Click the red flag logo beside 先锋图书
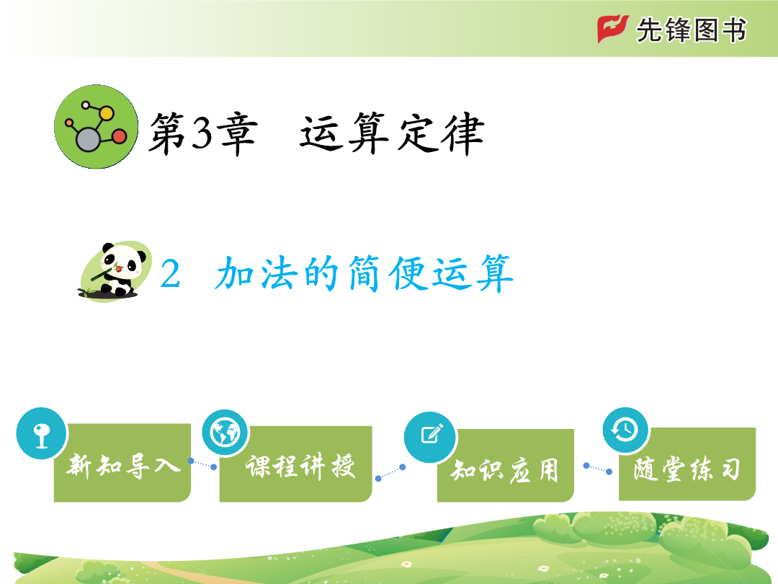click(613, 29)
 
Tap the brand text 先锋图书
click(691, 30)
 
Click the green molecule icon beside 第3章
click(97, 127)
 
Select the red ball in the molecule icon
click(120, 136)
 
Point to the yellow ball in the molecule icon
click(106, 113)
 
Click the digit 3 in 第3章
click(202, 133)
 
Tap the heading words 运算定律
click(392, 133)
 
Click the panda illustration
click(115, 271)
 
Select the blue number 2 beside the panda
click(170, 274)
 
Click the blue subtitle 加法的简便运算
click(365, 273)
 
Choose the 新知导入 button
click(122, 462)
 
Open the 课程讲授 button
click(296, 464)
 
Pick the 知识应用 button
click(505, 465)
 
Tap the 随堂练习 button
click(687, 464)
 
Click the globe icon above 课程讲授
click(225, 433)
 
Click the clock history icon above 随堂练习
click(626, 430)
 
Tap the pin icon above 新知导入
click(42, 433)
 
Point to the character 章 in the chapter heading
click(237, 134)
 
